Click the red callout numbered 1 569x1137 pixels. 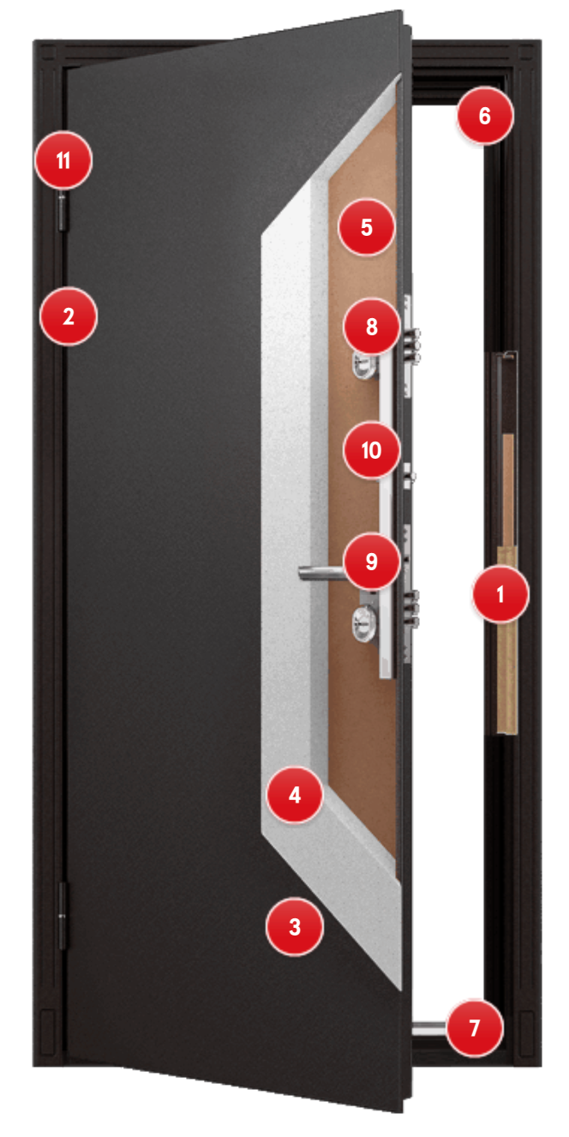(500, 594)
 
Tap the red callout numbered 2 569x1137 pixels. (69, 316)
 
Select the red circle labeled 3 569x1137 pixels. (295, 926)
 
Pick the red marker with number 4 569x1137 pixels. (295, 794)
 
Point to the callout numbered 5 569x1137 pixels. (367, 227)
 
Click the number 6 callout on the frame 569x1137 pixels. (485, 115)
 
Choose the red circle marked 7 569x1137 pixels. (475, 1028)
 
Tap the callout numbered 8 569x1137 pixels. (372, 327)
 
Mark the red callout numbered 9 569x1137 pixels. (372, 561)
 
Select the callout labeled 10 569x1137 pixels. (372, 449)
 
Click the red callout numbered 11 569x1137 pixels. (63, 160)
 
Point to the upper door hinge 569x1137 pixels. (63, 212)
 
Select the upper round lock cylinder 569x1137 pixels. (365, 365)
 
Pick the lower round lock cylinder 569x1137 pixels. (364, 623)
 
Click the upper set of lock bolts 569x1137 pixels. (413, 346)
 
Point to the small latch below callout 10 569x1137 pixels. (410, 476)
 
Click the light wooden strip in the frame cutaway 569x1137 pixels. (507, 639)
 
